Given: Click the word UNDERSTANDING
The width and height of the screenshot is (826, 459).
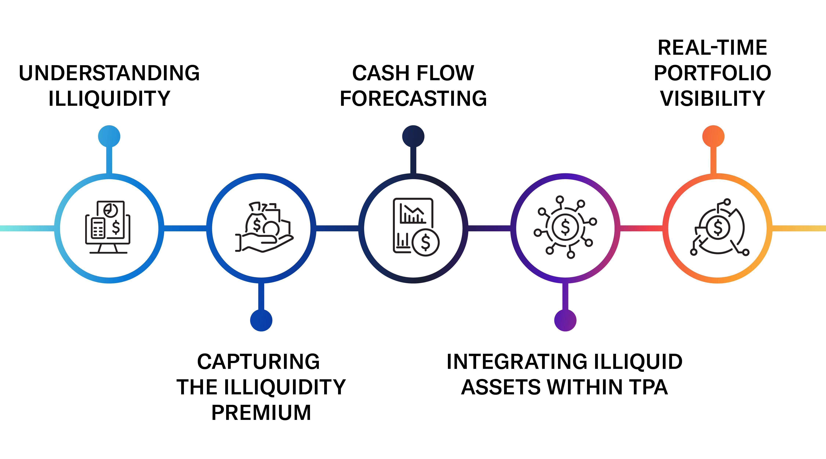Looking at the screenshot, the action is coord(109,73).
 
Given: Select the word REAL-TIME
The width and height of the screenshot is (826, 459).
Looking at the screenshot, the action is coord(713,48).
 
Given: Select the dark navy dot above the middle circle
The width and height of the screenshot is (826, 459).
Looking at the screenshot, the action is coord(413,136).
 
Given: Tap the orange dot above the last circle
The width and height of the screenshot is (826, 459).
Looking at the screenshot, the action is coord(713,136).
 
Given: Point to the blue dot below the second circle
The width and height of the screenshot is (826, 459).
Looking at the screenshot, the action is coord(261,320).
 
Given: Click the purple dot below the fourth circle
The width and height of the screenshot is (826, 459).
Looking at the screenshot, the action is coord(565,320).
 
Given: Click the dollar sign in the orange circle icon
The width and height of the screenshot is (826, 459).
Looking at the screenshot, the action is coord(718,228).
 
